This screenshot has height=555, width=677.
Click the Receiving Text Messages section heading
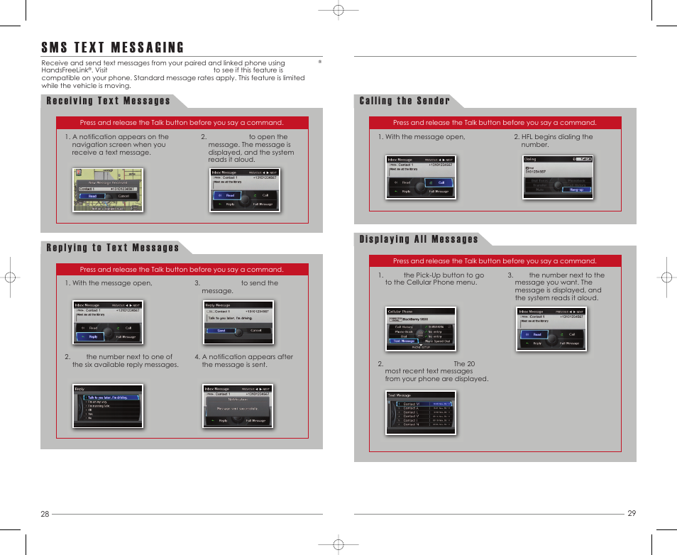point(108,101)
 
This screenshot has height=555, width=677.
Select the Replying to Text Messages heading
point(112,248)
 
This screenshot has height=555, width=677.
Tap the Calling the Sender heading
point(404,101)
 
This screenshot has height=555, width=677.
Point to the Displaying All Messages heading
point(419,239)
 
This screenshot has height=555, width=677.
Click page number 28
point(45,514)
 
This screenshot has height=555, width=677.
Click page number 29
point(632,513)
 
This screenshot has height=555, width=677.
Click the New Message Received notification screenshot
point(108,190)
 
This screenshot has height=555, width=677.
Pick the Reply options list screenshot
point(108,407)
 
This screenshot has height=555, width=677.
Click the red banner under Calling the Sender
point(495,123)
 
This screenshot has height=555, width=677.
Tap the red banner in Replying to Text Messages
point(182,270)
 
